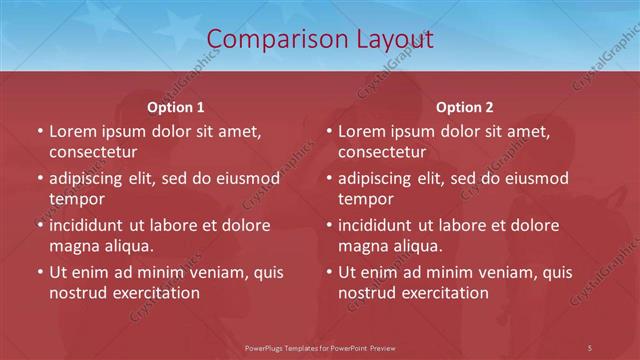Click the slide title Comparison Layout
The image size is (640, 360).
tap(319, 39)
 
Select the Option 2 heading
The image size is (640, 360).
tap(464, 106)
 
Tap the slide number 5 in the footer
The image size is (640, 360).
tap(590, 347)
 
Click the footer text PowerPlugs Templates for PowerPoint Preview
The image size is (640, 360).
tap(319, 347)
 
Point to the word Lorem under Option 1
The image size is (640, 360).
tap(70, 131)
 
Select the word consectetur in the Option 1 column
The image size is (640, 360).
tap(93, 152)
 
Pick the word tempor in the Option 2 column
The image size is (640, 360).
tap(366, 199)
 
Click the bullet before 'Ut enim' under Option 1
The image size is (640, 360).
tap(39, 272)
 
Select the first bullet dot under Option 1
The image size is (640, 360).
tap(39, 131)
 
